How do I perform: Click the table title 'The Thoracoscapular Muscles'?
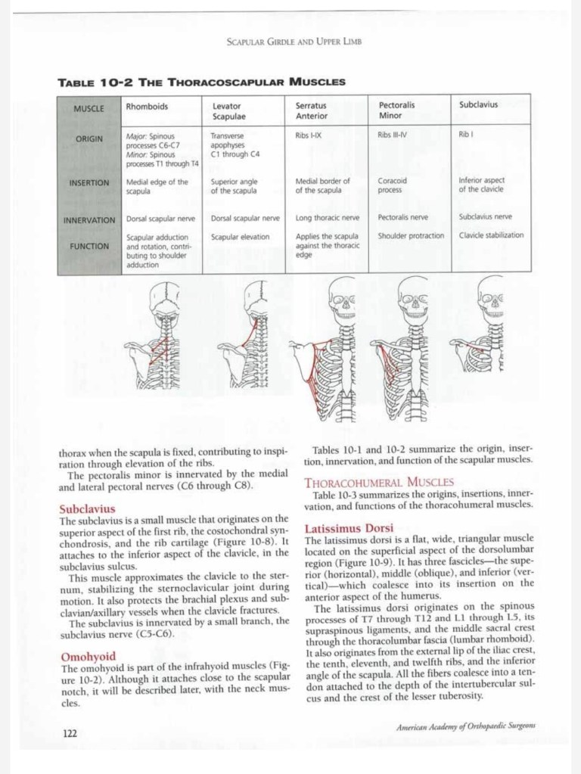point(201,81)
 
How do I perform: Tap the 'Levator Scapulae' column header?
point(228,110)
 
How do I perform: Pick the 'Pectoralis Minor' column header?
point(397,110)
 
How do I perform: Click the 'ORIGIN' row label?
point(89,139)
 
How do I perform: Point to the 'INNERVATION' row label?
point(89,220)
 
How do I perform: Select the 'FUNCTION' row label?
point(89,246)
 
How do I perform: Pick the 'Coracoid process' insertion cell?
point(393,185)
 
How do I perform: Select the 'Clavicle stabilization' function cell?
point(491,235)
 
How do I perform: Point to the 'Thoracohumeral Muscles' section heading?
point(378,481)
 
